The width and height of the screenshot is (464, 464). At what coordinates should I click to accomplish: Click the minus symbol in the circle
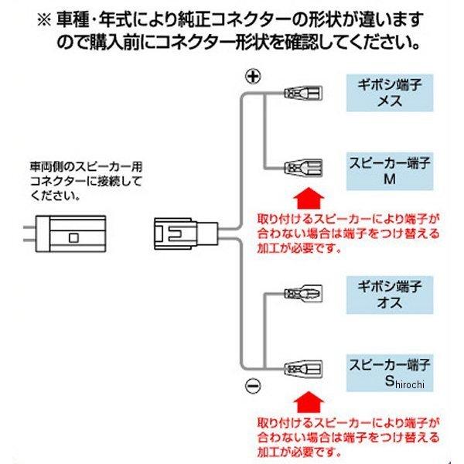point(252,384)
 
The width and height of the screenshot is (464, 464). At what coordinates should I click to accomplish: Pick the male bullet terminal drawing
point(302,295)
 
